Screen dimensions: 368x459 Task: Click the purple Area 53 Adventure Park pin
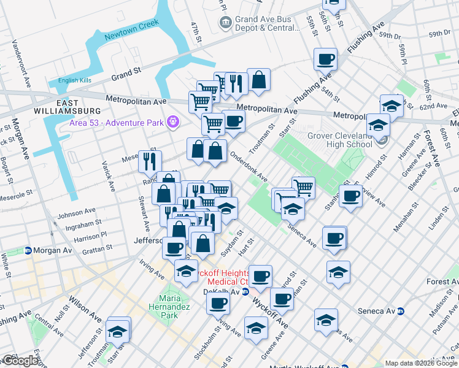pyautogui.click(x=174, y=123)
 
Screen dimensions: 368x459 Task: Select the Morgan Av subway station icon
pyautogui.click(x=28, y=251)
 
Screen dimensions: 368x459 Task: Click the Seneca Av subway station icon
pyautogui.click(x=401, y=311)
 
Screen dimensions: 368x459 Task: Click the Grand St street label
pyautogui.click(x=126, y=74)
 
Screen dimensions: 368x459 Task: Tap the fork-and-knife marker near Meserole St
pyautogui.click(x=150, y=161)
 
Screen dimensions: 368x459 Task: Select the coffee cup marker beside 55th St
pyautogui.click(x=325, y=59)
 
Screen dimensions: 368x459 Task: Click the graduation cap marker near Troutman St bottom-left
pyautogui.click(x=117, y=331)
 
